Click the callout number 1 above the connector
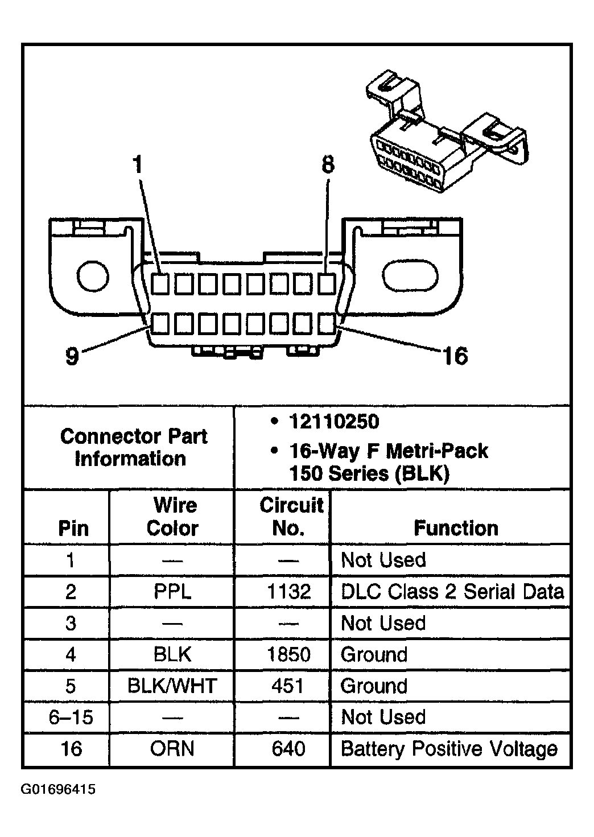137,165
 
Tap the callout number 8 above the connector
328,165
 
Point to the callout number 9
72,357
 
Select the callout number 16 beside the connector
455,356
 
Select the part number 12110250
334,422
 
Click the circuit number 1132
288,592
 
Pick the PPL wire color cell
172,592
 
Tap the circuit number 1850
288,654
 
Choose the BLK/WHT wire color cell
172,686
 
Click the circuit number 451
288,686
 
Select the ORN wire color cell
172,749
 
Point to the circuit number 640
288,749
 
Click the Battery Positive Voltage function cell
448,749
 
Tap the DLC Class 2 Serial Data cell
452,592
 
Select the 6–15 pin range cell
71,718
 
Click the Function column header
456,528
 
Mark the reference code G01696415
58,790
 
